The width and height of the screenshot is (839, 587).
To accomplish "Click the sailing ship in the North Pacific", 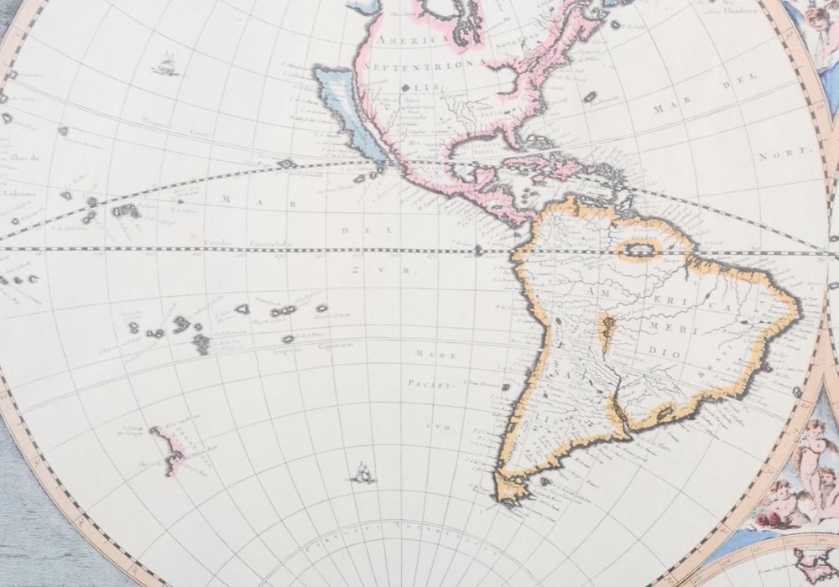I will point(167,64).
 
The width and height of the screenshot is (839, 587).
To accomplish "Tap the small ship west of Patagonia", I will point(362,474).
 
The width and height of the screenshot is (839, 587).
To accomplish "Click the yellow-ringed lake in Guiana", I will point(639,249).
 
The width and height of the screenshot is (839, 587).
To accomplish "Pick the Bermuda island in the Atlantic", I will point(590,97).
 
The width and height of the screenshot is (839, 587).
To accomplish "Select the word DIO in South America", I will point(667,353).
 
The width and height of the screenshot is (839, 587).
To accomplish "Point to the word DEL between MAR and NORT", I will point(740,76).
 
